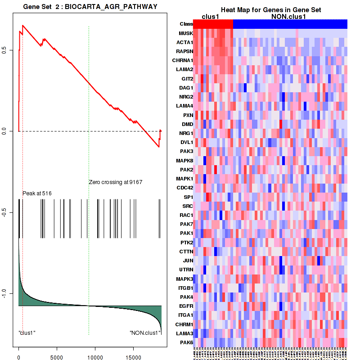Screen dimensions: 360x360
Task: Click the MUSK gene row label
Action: pyautogui.click(x=185, y=33)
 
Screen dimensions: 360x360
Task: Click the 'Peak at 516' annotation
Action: pyautogui.click(x=37, y=193)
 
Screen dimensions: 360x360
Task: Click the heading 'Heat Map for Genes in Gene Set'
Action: pyautogui.click(x=270, y=10)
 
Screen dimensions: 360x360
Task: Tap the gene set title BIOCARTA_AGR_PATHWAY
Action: pyautogui.click(x=90, y=7)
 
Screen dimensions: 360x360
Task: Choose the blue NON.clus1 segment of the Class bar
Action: pyautogui.click(x=290, y=24)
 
